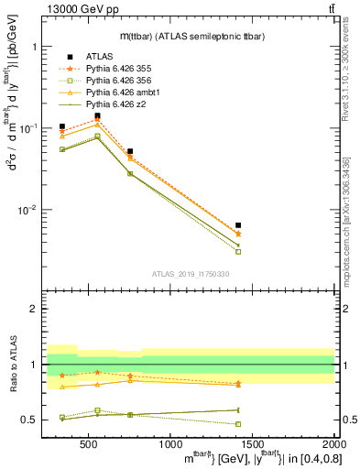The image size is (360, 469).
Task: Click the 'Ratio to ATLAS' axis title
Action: point(13,365)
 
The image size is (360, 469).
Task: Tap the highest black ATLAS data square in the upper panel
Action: point(97,116)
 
